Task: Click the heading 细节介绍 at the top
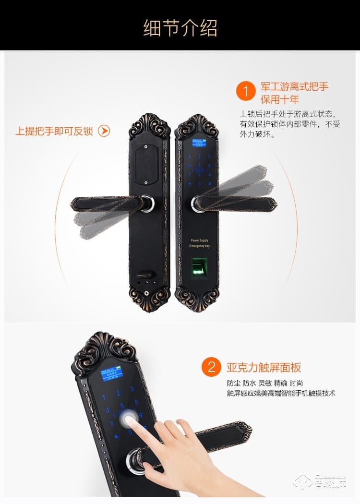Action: pos(180,28)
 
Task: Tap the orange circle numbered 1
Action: pos(246,91)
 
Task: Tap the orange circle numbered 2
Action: pos(211,368)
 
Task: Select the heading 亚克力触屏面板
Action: pos(264,368)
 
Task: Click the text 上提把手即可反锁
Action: pos(54,131)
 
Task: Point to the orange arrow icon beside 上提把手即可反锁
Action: pos(104,131)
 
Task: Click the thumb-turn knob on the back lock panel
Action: pos(144,276)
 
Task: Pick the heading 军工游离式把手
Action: pos(294,87)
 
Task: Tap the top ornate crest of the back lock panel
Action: pos(149,126)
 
